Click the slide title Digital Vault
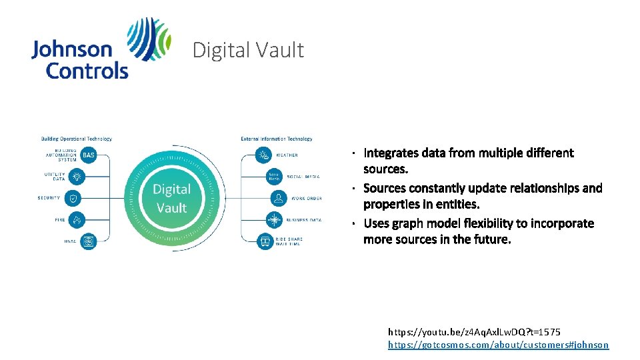248,50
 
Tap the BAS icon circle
89,155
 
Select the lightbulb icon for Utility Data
77,177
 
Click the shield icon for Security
73,198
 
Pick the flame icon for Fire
77,219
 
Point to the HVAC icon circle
89,241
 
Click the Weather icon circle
265,155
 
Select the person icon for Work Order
279,198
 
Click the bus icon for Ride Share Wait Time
265,241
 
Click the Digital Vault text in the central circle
171,198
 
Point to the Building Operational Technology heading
77,139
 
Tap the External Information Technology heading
276,139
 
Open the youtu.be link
474,331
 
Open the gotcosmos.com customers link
498,345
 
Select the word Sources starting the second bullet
385,188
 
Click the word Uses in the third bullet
376,223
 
